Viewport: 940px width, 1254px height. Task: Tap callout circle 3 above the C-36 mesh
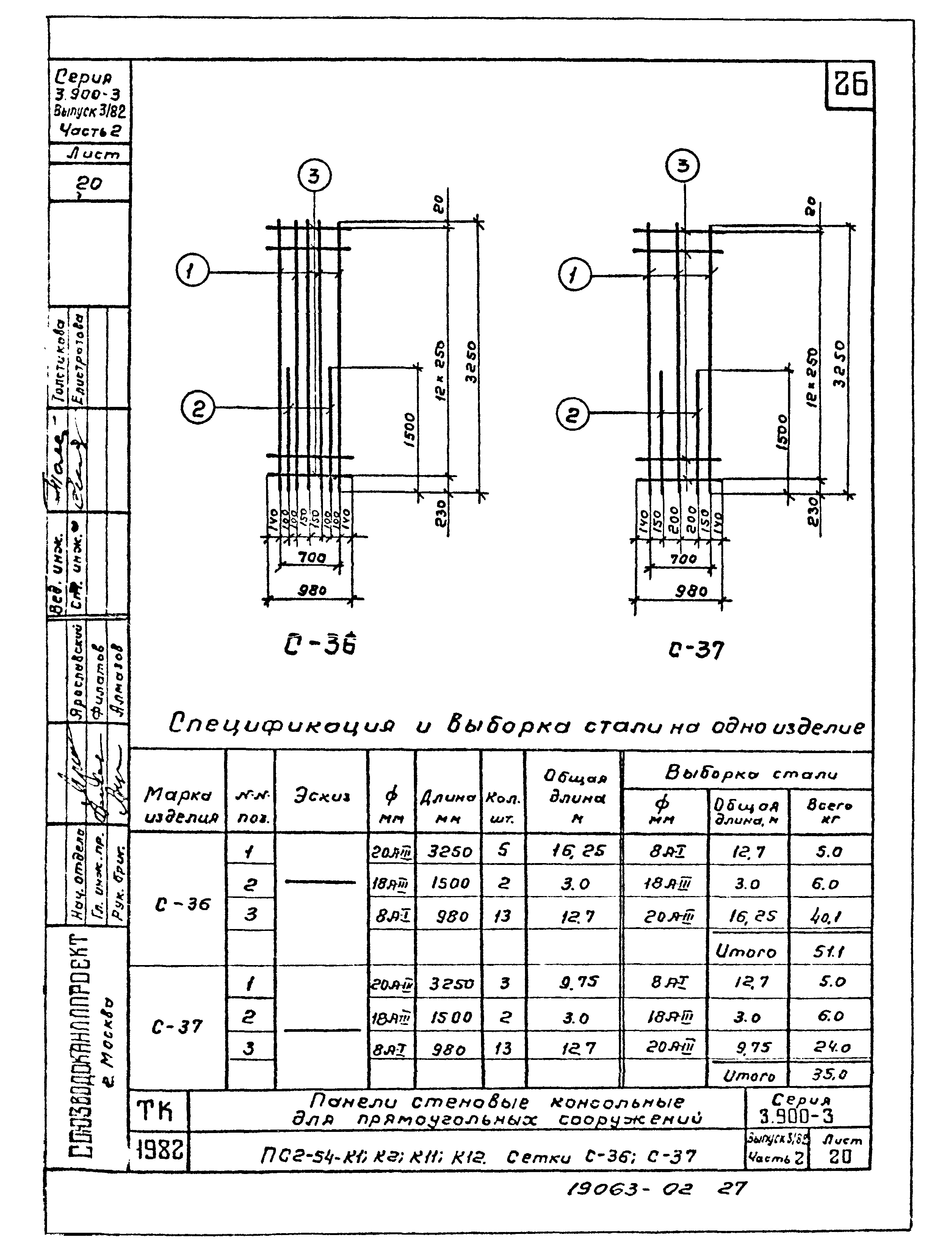point(314,177)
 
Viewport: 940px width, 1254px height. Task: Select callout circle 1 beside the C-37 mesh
point(575,276)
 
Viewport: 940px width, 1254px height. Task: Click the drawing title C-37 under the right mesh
point(696,650)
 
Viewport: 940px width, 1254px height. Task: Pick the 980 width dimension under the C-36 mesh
point(312,590)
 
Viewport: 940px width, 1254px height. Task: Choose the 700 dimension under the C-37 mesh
point(683,559)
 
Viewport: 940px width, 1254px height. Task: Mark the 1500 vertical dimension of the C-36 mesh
point(410,429)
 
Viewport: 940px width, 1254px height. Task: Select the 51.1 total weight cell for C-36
point(829,951)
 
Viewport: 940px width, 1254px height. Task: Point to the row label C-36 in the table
point(182,904)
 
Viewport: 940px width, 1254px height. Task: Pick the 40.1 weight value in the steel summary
point(829,917)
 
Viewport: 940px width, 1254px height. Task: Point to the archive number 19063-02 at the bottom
point(629,1188)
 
